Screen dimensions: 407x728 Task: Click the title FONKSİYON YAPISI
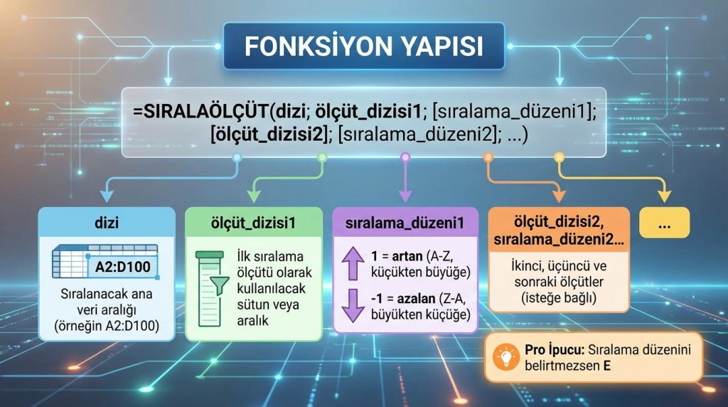[x=363, y=47]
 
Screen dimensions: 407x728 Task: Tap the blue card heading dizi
[x=106, y=223]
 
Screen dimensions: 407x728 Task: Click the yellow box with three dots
[x=664, y=223]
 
